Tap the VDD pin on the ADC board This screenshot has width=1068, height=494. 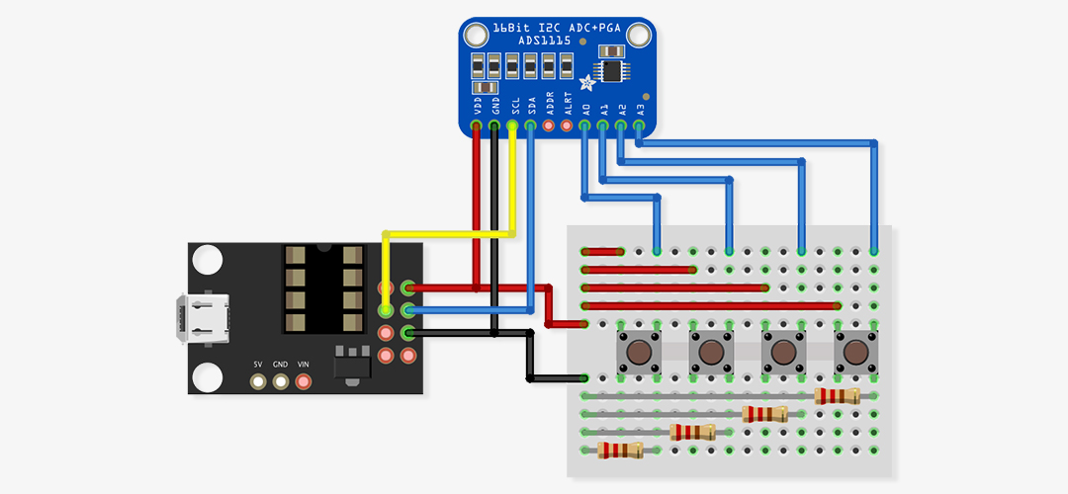click(x=477, y=125)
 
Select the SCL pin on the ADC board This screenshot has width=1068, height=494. click(x=512, y=125)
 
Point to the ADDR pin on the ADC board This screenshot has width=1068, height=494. click(x=549, y=125)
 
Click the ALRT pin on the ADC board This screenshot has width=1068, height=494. click(x=567, y=125)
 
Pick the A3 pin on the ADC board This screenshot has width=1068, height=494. click(x=640, y=125)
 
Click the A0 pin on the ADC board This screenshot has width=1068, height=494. click(x=585, y=125)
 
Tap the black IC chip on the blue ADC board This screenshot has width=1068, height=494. click(x=615, y=71)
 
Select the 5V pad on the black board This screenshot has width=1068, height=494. click(x=258, y=381)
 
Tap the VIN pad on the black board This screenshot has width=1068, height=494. click(x=304, y=381)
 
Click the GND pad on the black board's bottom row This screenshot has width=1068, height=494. click(x=281, y=381)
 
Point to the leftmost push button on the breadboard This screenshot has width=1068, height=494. click(x=640, y=352)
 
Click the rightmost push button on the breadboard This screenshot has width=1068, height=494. click(x=856, y=352)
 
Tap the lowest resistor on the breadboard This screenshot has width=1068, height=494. click(x=620, y=451)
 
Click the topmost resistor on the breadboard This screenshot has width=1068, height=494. click(x=838, y=396)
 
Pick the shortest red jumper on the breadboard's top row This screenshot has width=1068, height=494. click(x=603, y=252)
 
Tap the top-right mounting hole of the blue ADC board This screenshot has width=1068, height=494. click(x=639, y=37)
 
